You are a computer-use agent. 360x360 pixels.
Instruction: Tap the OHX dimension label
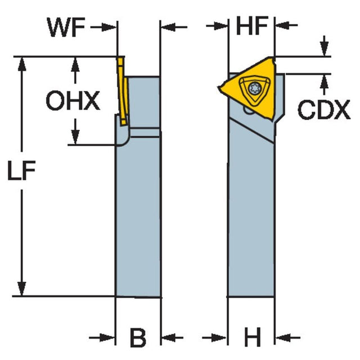point(73,101)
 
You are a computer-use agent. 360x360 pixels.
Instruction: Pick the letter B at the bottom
point(138,338)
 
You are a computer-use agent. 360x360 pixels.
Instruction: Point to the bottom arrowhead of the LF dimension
point(22,290)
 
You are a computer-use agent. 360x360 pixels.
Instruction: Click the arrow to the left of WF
point(109,26)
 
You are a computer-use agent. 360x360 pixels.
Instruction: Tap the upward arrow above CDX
point(325,80)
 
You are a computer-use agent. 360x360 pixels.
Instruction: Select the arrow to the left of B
point(107,338)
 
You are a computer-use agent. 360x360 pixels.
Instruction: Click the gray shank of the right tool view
point(251,214)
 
